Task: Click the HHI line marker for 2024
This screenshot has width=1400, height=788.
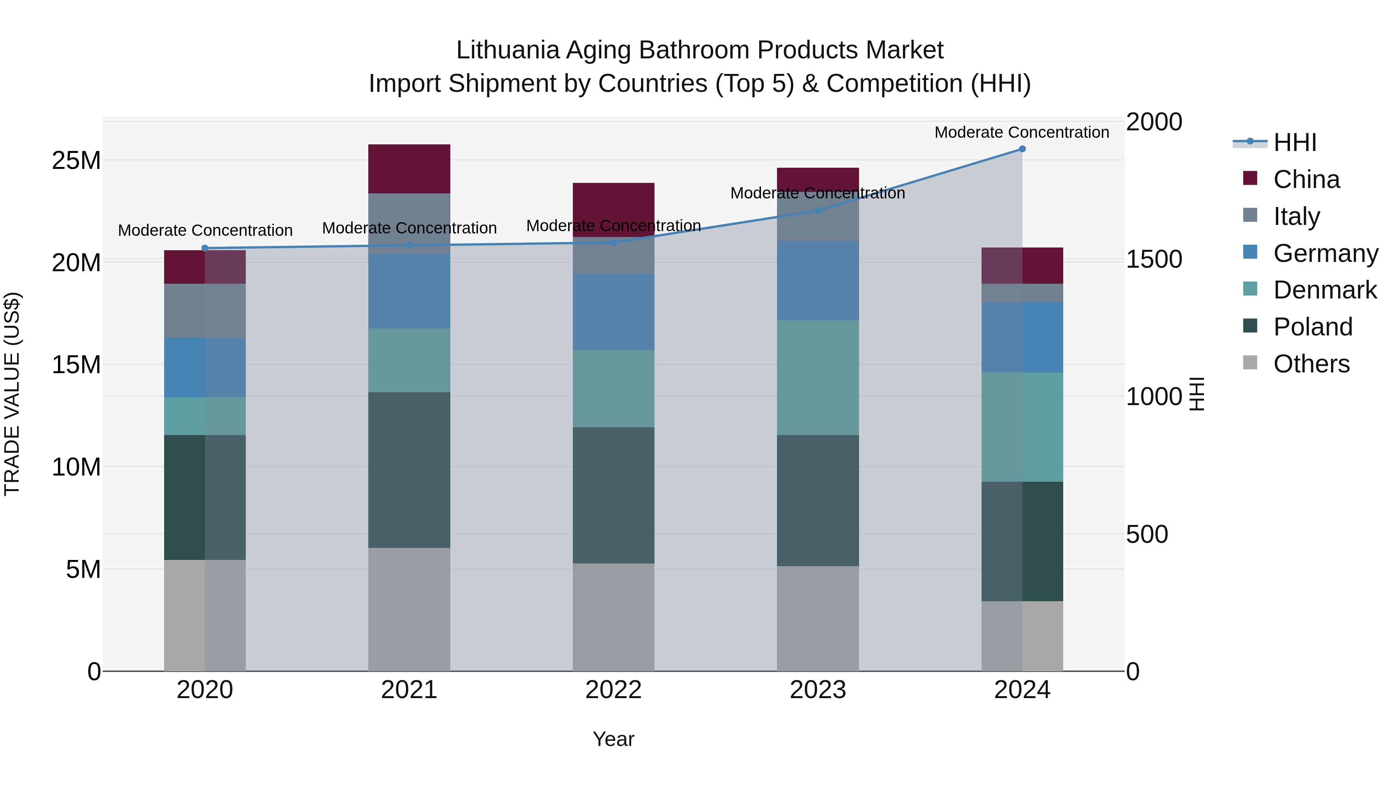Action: pyautogui.click(x=1022, y=149)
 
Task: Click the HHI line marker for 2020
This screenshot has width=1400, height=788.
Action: pyautogui.click(x=205, y=249)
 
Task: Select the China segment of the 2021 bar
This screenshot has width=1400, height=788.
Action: pyautogui.click(x=409, y=168)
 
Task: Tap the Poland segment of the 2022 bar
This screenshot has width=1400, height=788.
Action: pyautogui.click(x=614, y=495)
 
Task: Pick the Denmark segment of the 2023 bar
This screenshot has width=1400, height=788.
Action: pyautogui.click(x=818, y=377)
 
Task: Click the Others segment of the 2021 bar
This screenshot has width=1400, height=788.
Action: pyautogui.click(x=409, y=609)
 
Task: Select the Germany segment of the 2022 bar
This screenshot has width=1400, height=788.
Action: pyautogui.click(x=614, y=312)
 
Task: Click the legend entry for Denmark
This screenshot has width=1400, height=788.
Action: pyautogui.click(x=1325, y=290)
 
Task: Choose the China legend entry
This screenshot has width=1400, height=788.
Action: pyautogui.click(x=1306, y=179)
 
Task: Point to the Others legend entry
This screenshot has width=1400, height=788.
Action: pyautogui.click(x=1311, y=364)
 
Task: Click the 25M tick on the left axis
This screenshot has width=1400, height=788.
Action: pyautogui.click(x=76, y=160)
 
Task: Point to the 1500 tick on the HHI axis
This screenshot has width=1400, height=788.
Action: pyautogui.click(x=1154, y=260)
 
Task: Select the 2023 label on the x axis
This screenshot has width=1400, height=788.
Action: pyautogui.click(x=818, y=690)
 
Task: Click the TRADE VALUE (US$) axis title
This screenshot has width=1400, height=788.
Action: pyautogui.click(x=12, y=394)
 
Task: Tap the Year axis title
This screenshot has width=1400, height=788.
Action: pyautogui.click(x=614, y=739)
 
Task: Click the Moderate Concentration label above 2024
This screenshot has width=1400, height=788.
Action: pyautogui.click(x=1022, y=132)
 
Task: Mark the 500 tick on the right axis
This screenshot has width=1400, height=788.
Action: pyautogui.click(x=1147, y=535)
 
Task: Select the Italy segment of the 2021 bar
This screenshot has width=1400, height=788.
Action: pyautogui.click(x=409, y=223)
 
